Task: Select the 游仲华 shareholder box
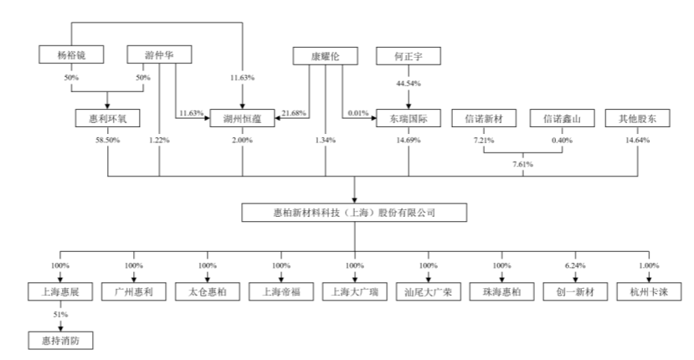159,56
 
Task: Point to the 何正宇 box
408,56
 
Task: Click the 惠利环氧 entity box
109,119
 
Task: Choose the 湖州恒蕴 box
243,119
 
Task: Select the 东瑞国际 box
408,119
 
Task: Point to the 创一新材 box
575,294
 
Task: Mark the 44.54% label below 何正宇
408,84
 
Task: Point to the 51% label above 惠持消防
59,315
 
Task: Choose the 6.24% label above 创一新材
575,266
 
